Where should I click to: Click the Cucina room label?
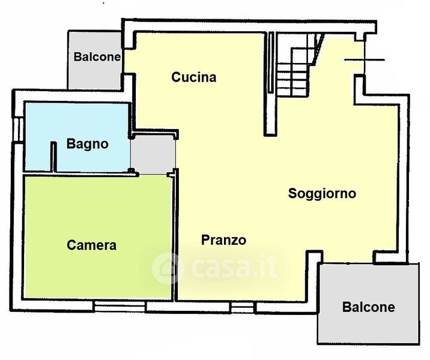[x=194, y=77]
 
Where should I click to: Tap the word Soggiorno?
[x=322, y=194]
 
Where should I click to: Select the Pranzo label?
[x=224, y=240]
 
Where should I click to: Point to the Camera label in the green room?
[x=92, y=245]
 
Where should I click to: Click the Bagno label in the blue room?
[x=88, y=144]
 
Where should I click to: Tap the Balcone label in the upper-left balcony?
[x=97, y=57]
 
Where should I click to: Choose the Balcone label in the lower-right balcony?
[x=369, y=307]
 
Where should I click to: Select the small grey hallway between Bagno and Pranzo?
[x=153, y=155]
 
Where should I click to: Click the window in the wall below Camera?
[x=120, y=307]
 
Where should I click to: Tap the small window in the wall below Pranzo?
[x=243, y=307]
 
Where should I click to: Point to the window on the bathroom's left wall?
[x=19, y=130]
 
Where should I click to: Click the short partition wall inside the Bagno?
[x=54, y=157]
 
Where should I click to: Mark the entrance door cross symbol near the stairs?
[x=365, y=59]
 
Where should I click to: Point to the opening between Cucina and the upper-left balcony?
[x=123, y=61]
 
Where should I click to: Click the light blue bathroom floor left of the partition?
[x=38, y=137]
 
